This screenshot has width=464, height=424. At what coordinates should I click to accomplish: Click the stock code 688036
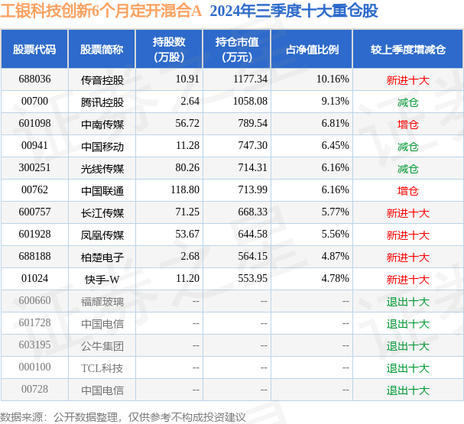point(35,79)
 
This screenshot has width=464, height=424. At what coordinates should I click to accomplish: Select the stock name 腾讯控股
point(102,102)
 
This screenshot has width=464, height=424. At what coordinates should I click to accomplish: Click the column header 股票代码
point(34,50)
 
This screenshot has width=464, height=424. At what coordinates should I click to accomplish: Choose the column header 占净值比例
point(312,50)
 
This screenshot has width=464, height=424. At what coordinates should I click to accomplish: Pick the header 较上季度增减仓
point(407,50)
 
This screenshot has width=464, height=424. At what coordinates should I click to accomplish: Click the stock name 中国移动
point(102,146)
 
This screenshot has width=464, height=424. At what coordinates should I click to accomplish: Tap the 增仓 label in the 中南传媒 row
point(407,124)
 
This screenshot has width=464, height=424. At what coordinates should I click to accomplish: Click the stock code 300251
point(35,168)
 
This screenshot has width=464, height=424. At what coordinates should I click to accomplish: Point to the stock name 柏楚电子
point(102,257)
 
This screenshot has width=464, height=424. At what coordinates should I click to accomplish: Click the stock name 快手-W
point(102,279)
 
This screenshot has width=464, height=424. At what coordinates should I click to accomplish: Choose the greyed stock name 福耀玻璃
point(102,301)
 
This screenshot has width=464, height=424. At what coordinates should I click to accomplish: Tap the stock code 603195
point(35,345)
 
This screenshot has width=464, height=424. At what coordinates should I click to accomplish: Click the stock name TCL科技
point(102,367)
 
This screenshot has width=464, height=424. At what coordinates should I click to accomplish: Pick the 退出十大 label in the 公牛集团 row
point(407,345)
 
